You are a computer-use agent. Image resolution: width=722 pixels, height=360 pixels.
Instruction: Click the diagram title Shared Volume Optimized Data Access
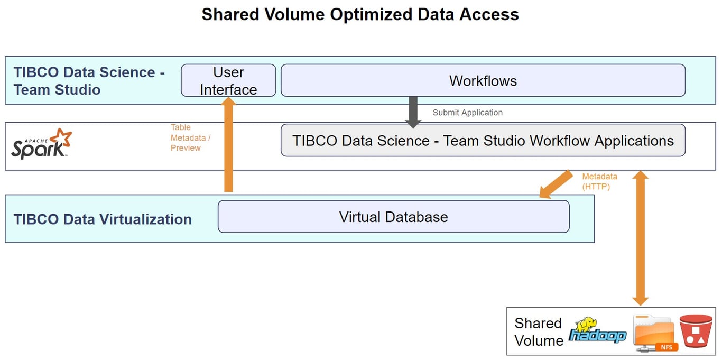(x=360, y=14)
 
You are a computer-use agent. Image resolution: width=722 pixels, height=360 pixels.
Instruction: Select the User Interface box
(x=228, y=80)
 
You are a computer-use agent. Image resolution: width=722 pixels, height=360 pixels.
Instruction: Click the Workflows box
(x=483, y=80)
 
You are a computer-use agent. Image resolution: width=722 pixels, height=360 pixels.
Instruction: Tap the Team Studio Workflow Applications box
(x=483, y=140)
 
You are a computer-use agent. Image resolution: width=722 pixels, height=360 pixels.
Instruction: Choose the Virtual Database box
(x=394, y=217)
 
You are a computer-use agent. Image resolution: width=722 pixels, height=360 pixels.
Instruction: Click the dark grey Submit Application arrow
(x=413, y=112)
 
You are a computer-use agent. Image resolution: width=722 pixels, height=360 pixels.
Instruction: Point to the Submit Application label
(x=467, y=113)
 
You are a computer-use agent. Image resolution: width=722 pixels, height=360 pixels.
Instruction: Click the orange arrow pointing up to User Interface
(x=228, y=144)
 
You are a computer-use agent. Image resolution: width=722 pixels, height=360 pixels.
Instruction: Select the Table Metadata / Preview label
(x=190, y=137)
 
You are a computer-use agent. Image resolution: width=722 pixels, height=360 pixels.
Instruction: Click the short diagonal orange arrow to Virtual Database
(x=556, y=184)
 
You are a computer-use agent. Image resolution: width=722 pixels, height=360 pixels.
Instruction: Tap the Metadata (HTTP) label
(x=599, y=181)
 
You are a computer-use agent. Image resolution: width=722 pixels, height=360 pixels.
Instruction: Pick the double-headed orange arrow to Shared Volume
(x=640, y=238)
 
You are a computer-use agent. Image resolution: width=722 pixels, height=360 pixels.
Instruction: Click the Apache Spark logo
(x=42, y=144)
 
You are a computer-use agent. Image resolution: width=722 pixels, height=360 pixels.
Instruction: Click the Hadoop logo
(x=597, y=330)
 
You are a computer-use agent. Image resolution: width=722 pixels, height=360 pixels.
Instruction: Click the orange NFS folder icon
(x=655, y=333)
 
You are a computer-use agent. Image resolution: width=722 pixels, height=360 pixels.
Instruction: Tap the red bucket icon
(x=696, y=331)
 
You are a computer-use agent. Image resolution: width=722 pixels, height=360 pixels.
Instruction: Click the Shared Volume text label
(x=538, y=332)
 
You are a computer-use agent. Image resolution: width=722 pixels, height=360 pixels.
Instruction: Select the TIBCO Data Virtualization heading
(x=103, y=219)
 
